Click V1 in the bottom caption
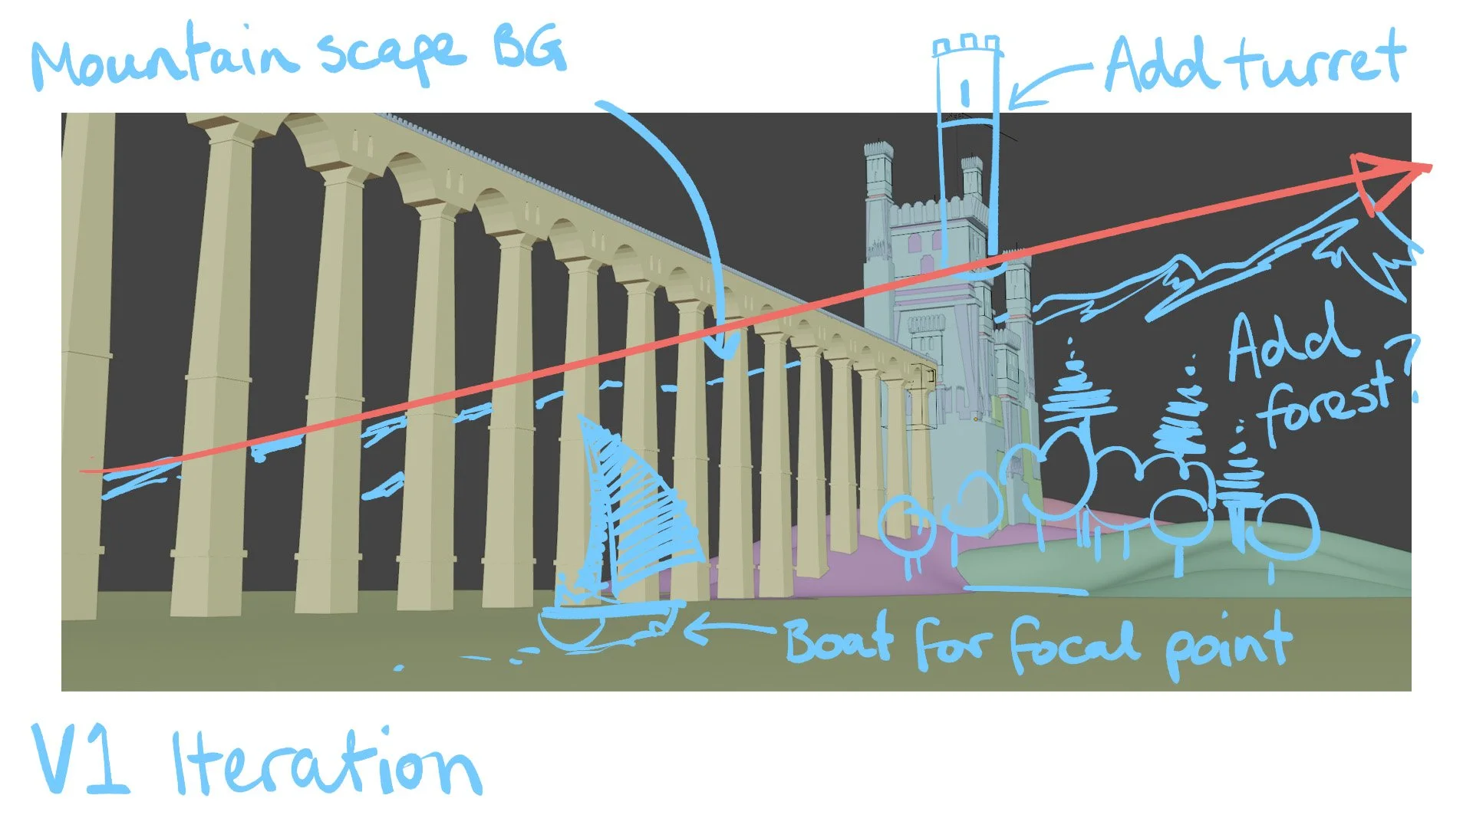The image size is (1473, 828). pos(81,759)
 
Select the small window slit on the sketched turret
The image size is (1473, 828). pos(965,94)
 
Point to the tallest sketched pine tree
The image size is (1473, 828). pos(1078,383)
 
